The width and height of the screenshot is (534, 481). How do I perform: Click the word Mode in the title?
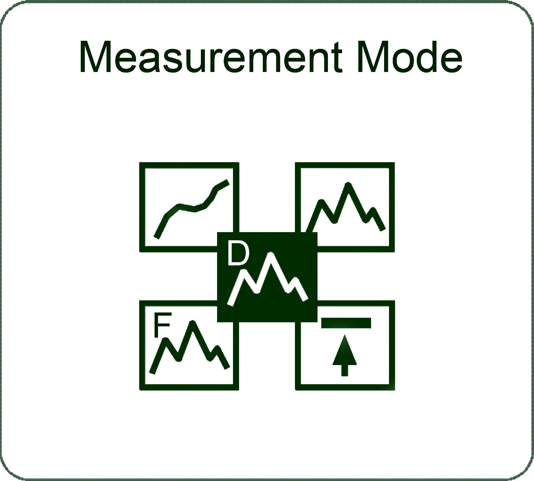pyautogui.click(x=410, y=57)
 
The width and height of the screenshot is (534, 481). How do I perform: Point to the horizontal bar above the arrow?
pyautogui.click(x=346, y=323)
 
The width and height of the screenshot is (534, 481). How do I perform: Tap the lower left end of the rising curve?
pyautogui.click(x=157, y=237)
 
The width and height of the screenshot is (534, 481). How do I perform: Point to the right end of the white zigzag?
pyautogui.click(x=305, y=299)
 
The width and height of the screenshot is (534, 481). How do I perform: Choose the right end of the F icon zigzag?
pyautogui.click(x=227, y=367)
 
